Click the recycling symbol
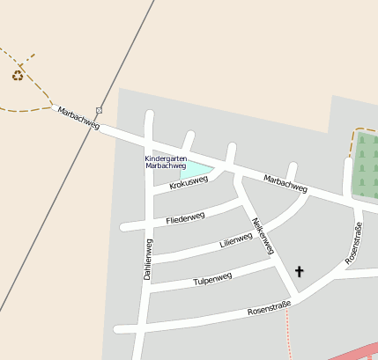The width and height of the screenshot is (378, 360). tap(18, 76)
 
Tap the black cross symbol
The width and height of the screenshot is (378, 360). tap(299, 272)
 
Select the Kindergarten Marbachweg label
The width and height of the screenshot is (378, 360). tap(165, 162)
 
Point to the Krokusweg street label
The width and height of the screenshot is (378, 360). tap(189, 182)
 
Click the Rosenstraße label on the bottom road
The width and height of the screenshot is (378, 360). tap(269, 310)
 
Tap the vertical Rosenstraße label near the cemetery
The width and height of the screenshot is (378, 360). tap(353, 244)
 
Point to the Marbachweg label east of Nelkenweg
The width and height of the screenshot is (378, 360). tap(285, 183)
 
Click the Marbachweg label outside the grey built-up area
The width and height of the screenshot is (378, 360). tap(78, 117)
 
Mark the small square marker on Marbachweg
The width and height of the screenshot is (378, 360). tap(100, 110)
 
